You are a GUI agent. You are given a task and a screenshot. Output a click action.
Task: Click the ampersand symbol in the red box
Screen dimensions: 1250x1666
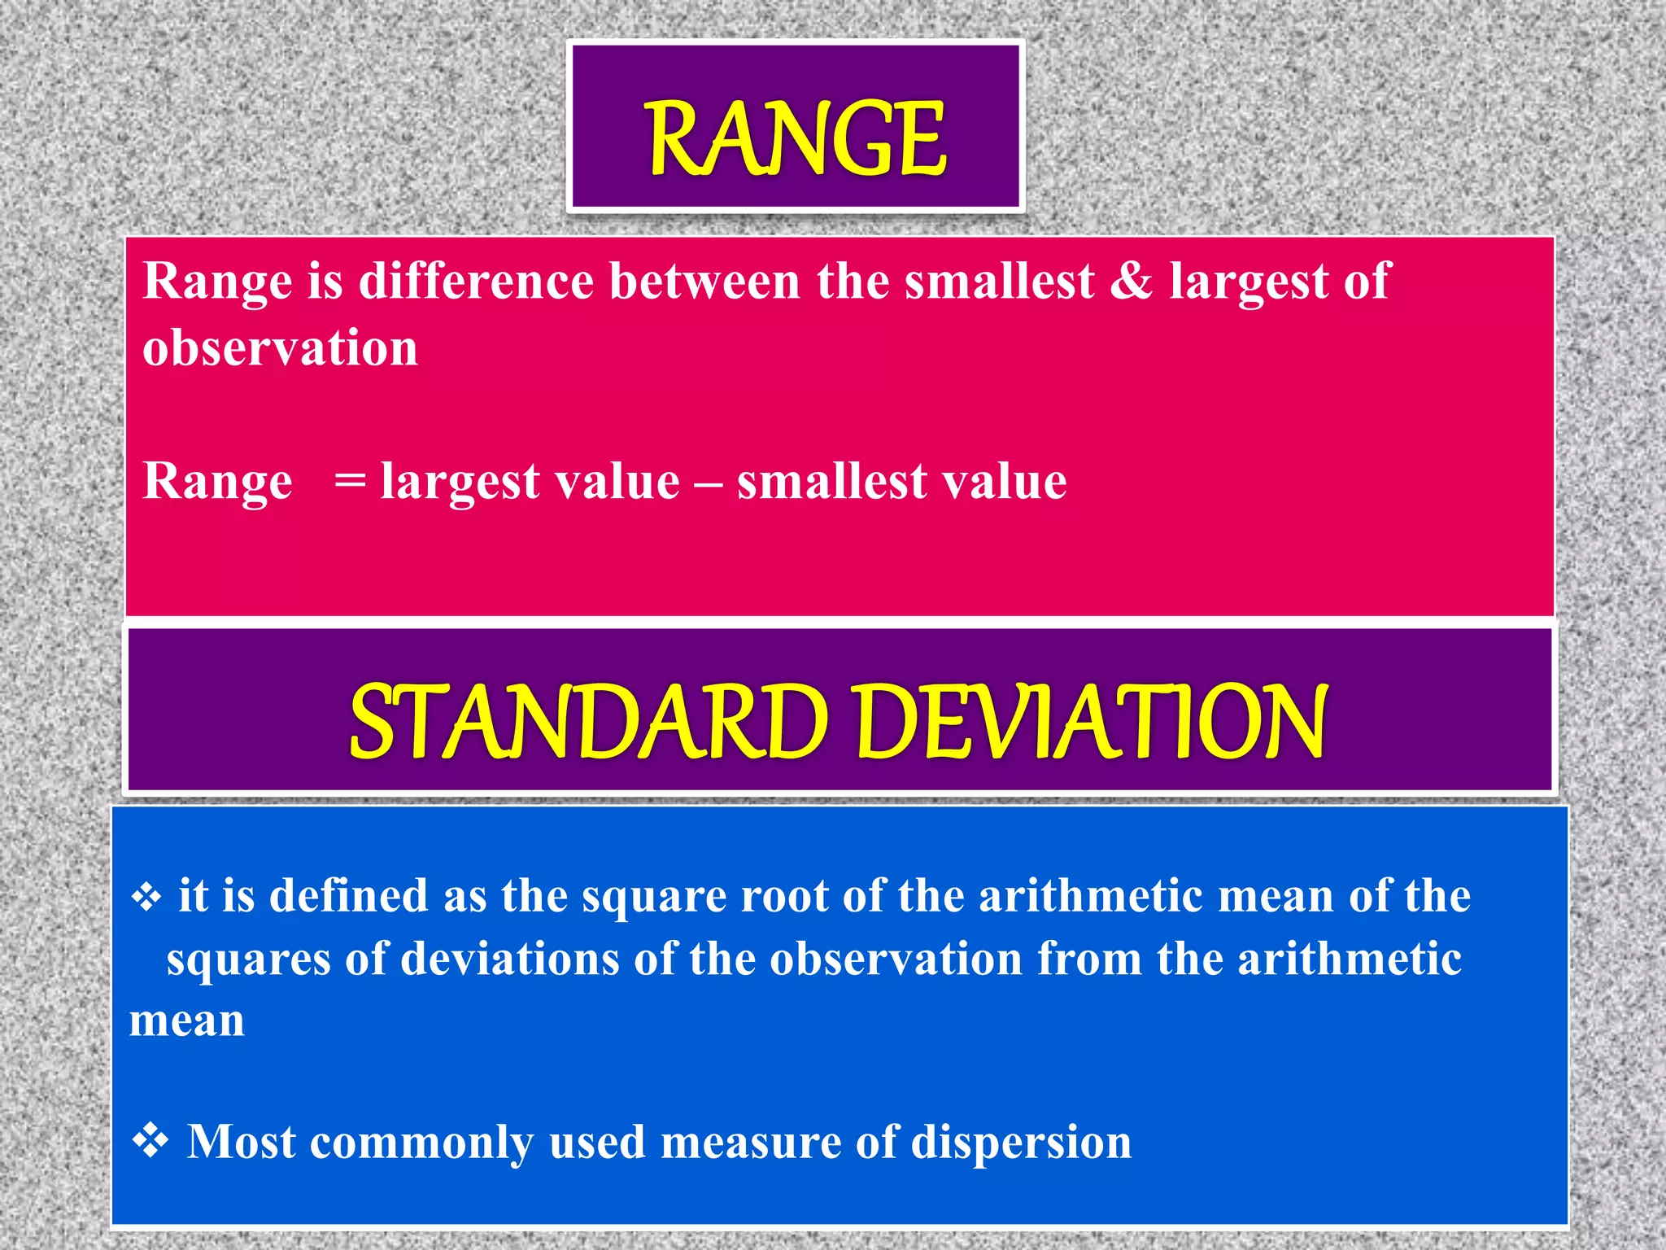coord(1131,281)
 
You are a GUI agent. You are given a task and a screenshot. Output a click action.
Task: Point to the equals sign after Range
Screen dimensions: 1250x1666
coord(350,481)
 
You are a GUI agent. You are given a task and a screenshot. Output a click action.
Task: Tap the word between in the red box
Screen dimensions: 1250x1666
coord(704,281)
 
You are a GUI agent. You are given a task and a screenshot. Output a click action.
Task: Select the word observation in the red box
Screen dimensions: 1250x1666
coord(280,348)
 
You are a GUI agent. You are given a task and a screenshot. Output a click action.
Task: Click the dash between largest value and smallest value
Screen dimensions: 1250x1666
coord(708,483)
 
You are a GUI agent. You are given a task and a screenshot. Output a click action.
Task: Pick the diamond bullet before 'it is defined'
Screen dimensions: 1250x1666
coord(146,898)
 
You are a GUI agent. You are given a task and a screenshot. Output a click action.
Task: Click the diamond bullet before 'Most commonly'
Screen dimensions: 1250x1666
coord(150,1140)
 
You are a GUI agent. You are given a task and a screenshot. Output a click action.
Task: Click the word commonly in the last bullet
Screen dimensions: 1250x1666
coord(421,1143)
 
